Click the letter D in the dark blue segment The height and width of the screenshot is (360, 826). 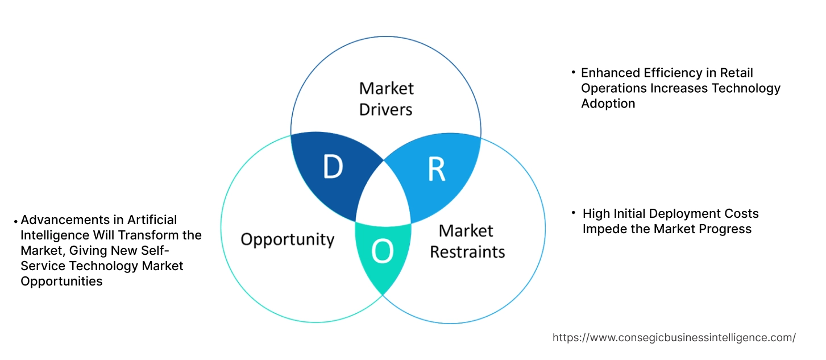pos(333,167)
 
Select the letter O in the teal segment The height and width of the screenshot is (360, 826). pos(383,253)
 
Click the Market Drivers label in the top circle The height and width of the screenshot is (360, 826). pos(387,98)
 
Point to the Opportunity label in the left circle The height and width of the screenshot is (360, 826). pos(287,239)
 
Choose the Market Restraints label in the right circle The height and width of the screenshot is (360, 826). pos(467,241)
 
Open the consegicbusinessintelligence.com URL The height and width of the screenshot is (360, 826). pos(674,337)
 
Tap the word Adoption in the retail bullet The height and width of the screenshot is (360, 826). pos(608,104)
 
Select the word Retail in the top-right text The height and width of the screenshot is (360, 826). pos(736,73)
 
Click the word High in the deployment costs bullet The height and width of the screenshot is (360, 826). pos(596,214)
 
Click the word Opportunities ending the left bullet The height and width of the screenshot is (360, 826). pos(61,281)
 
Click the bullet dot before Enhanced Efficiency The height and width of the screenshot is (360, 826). pos(573,72)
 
